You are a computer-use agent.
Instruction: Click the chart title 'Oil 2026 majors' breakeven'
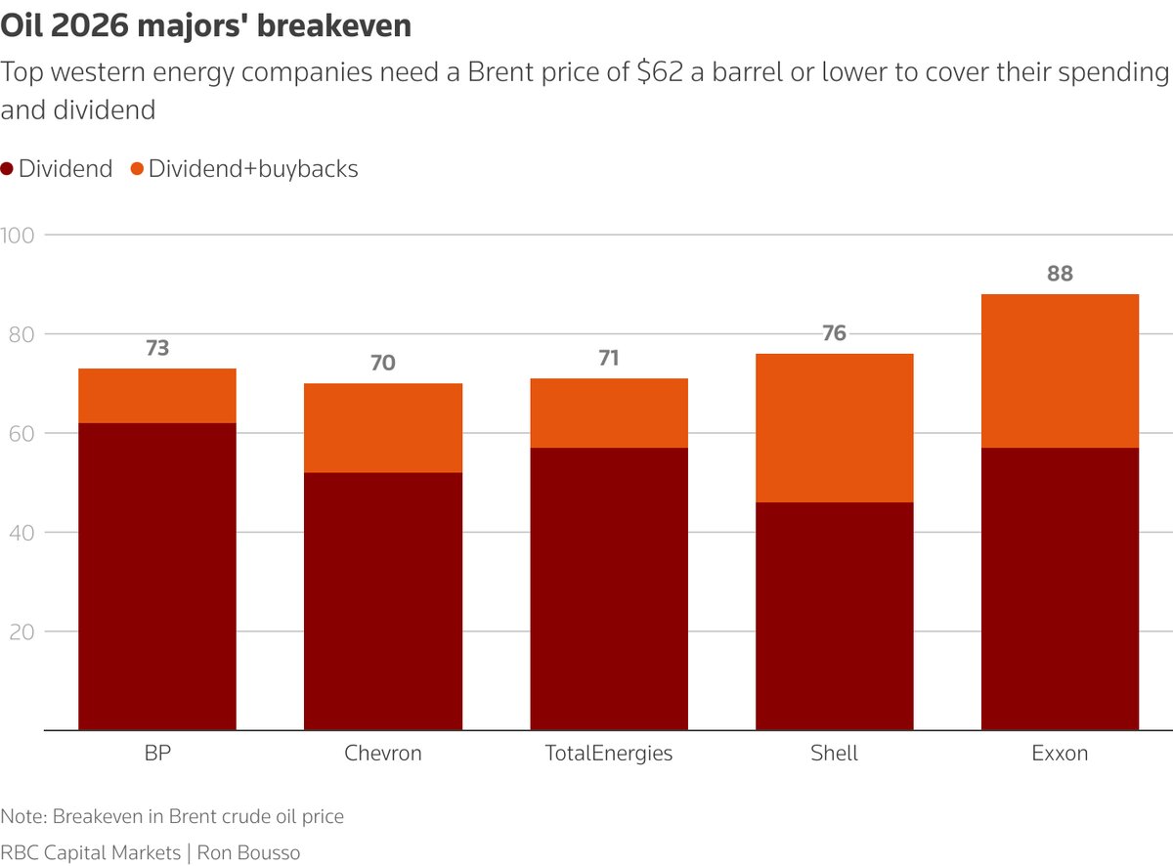pos(206,26)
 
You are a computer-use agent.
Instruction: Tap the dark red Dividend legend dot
pos(7,169)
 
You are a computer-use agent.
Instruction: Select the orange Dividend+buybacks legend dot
pos(137,169)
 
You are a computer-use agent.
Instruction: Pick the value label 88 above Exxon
pos(1060,275)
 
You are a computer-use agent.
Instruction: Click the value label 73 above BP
pos(157,348)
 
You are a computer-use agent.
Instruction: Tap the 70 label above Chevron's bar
pos(383,364)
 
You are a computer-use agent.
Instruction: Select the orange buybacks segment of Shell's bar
pos(835,427)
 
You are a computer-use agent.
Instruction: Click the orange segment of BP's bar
pos(157,395)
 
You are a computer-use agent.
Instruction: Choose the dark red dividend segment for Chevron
pos(383,601)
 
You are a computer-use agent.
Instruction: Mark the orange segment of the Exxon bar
pos(1060,370)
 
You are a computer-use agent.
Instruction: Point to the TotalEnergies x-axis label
pos(609,754)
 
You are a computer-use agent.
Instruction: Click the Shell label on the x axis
pos(835,754)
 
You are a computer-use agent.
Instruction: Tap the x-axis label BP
pos(157,754)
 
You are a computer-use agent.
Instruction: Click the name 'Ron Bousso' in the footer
pos(248,852)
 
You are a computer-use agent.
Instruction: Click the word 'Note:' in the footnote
pos(24,816)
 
